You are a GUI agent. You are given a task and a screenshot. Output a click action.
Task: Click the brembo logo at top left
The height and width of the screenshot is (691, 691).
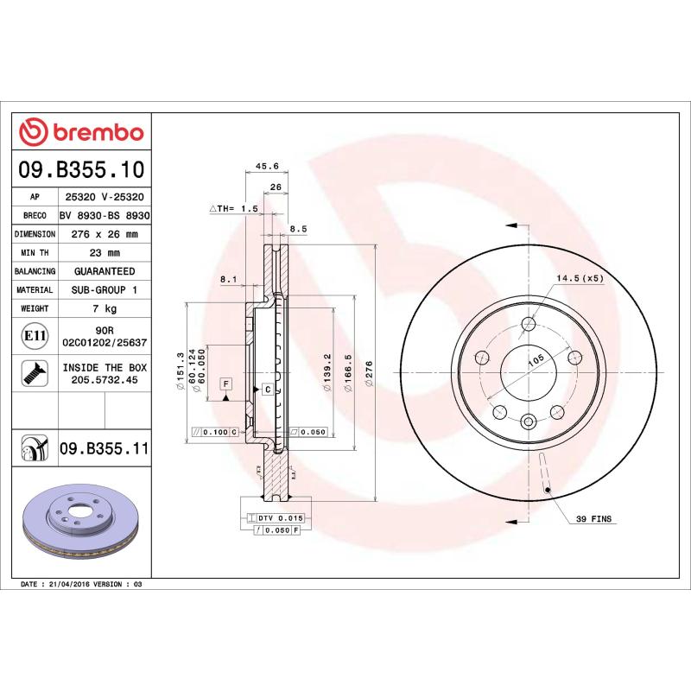[x=82, y=131]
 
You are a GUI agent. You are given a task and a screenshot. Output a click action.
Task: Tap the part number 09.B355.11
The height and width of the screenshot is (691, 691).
[x=105, y=448]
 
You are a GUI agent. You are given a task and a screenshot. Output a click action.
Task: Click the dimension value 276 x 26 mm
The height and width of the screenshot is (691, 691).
[x=105, y=234]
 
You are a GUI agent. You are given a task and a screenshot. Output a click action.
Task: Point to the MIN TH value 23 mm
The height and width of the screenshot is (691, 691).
[x=105, y=253]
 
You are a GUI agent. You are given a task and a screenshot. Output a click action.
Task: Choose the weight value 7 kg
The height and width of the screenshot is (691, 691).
[x=105, y=308]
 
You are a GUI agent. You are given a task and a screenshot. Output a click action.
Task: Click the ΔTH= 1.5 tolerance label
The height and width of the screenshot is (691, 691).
[x=234, y=209]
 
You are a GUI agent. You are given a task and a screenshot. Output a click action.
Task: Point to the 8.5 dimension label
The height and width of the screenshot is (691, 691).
[x=299, y=229]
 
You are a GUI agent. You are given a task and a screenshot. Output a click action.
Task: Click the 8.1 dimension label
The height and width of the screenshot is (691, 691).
[x=228, y=279]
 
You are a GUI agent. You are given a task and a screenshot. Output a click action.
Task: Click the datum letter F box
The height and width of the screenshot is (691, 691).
[x=226, y=383]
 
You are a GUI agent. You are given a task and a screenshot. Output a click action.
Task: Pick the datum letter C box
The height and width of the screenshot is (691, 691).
[x=268, y=390]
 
